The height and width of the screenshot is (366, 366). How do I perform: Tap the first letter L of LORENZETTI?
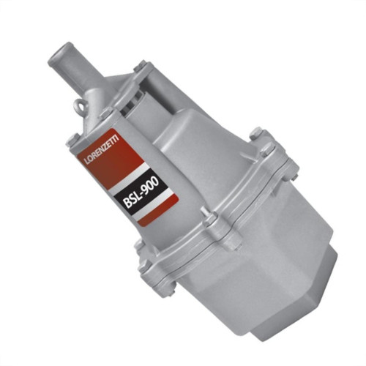click(88, 162)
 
